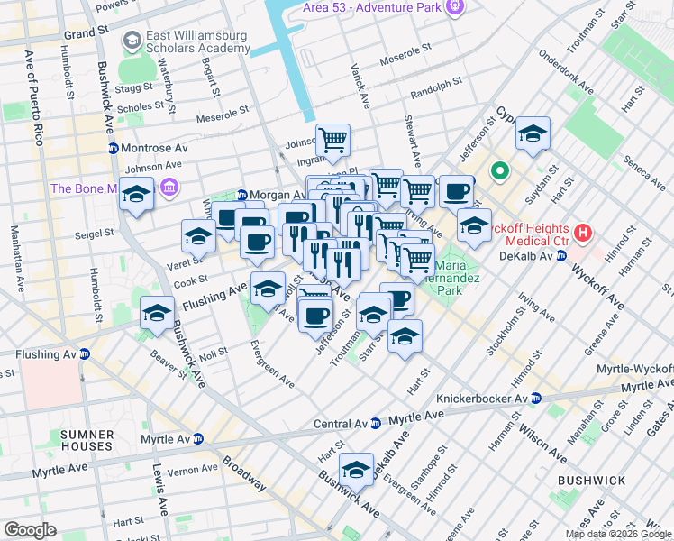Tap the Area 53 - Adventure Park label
(370, 8)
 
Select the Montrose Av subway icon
(113, 148)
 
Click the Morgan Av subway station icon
(241, 196)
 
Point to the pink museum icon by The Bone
(168, 188)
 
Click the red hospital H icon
(582, 233)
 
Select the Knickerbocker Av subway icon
(535, 398)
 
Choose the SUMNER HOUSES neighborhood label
(87, 440)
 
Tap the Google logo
(30, 529)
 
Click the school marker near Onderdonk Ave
(533, 135)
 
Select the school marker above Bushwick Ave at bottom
(357, 469)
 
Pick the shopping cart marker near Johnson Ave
(332, 140)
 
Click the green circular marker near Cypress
(498, 170)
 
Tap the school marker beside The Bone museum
(137, 194)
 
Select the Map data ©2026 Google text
(618, 534)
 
